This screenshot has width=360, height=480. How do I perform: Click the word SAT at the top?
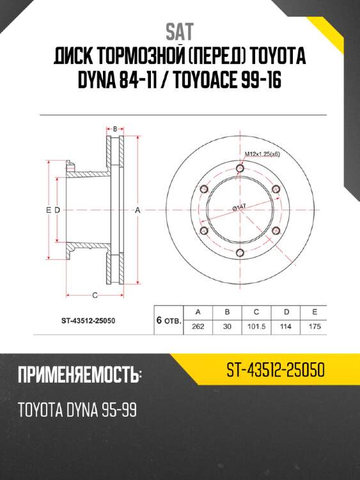click(179, 31)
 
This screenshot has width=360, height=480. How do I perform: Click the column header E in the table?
click(313, 312)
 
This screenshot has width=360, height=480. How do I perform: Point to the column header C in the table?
click(256, 312)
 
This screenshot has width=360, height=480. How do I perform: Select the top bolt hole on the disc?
click(240, 168)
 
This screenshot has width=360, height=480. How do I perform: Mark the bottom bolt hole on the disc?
click(240, 252)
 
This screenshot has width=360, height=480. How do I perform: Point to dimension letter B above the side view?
click(115, 129)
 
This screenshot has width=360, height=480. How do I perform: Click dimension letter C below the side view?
click(94, 295)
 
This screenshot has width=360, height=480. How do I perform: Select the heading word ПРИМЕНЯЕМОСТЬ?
click(79, 376)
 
